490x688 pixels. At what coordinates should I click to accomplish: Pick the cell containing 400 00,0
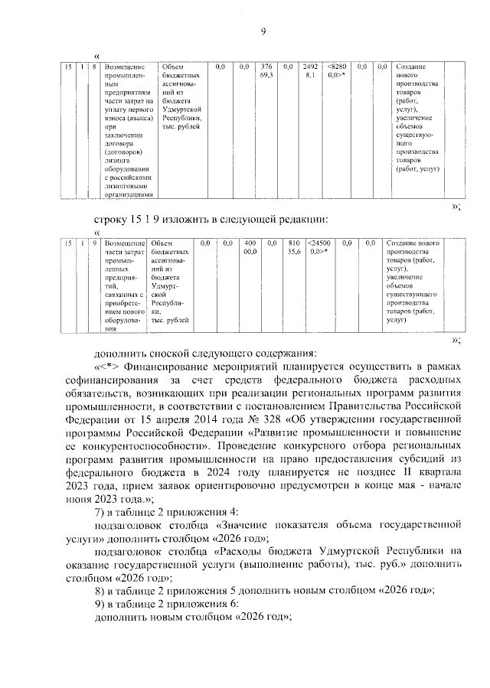250,246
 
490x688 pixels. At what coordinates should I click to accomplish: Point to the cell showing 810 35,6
292,246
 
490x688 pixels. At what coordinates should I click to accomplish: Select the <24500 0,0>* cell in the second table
320,246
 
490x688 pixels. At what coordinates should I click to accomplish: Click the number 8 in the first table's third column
94,67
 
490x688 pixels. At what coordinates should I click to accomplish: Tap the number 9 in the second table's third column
94,243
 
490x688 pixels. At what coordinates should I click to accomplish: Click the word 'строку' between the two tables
110,220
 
